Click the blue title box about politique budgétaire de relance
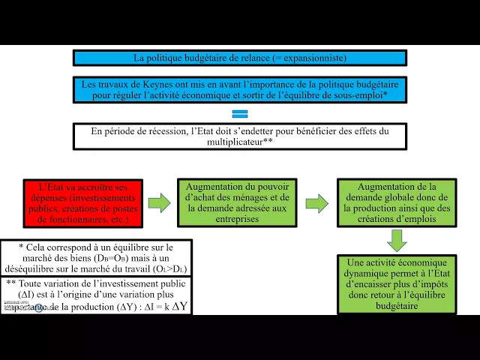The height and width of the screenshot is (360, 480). (x=239, y=58)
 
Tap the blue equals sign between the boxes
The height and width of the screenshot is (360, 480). (x=240, y=114)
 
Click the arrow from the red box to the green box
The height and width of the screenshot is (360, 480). (x=159, y=202)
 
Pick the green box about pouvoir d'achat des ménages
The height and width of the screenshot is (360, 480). (x=236, y=202)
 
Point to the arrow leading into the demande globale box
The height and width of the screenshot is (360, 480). (x=316, y=202)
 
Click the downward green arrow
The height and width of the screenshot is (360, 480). (x=397, y=240)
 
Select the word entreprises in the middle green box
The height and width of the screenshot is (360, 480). (x=236, y=220)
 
